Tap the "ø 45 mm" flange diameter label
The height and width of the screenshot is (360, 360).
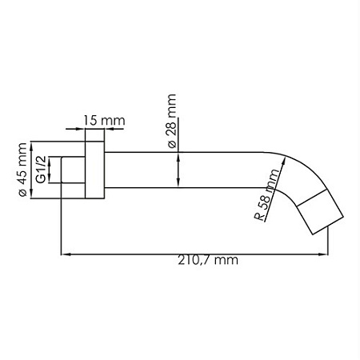tap(22, 171)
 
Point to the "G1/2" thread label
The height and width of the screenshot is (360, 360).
tap(41, 170)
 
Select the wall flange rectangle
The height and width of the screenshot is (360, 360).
tap(94, 170)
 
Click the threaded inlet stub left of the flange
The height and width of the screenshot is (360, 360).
tap(74, 170)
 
